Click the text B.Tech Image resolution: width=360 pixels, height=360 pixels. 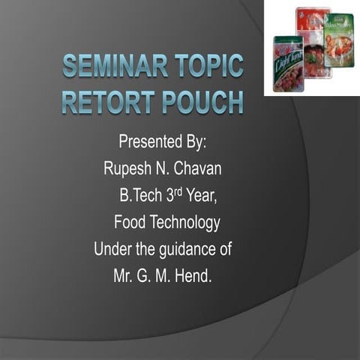pos(139,196)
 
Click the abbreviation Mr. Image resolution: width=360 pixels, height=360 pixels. pos(123,276)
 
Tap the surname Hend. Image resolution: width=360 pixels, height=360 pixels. pos(194,276)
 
